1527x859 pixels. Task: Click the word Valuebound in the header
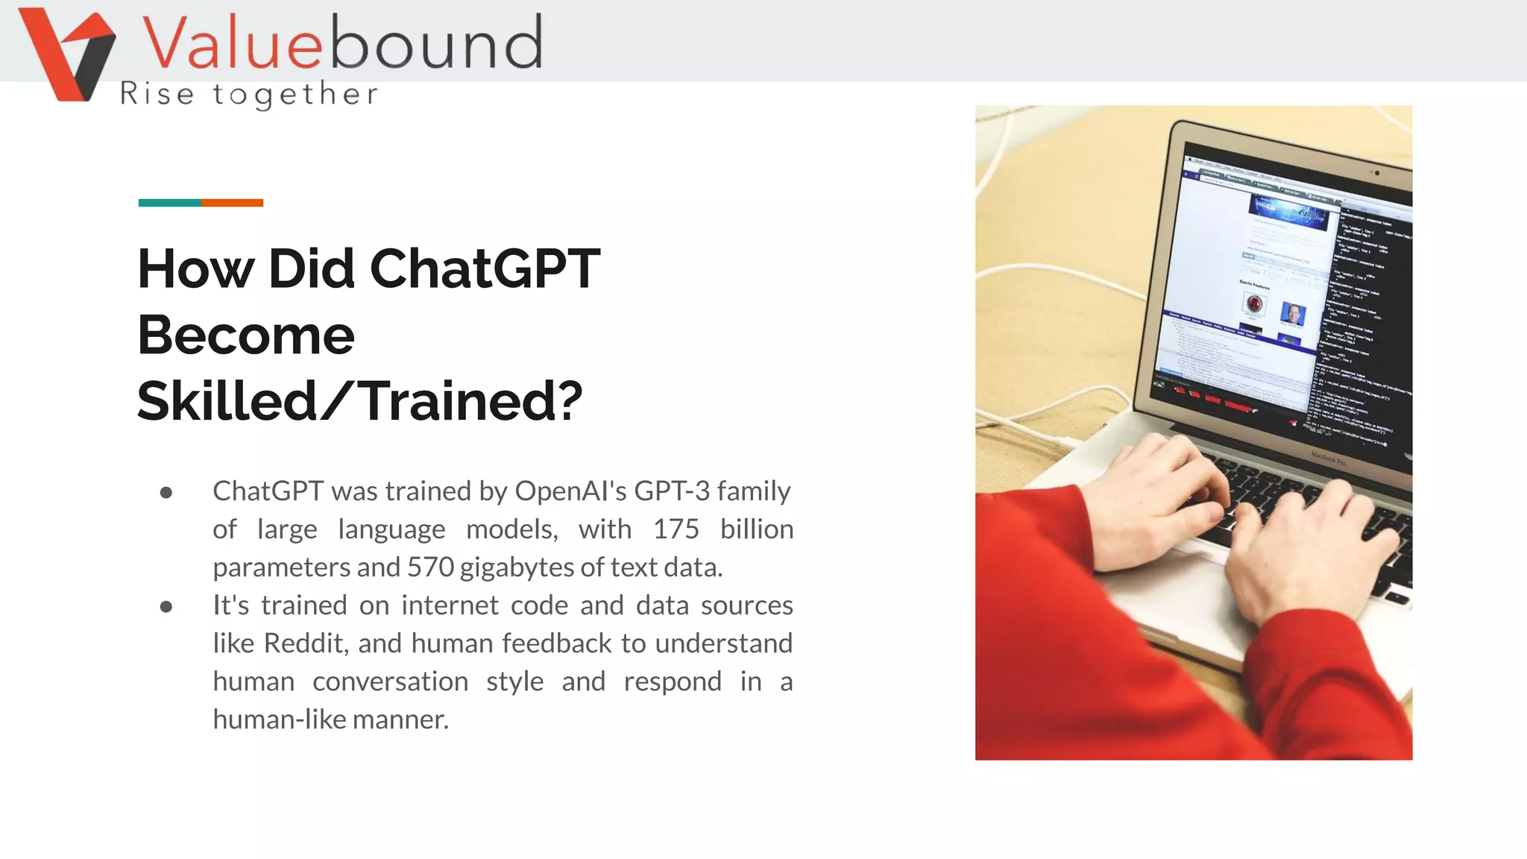tap(342, 43)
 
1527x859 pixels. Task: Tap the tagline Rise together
tap(249, 95)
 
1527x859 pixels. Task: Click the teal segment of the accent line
tap(169, 203)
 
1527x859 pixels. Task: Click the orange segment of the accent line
tap(232, 203)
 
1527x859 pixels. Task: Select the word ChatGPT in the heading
tap(485, 268)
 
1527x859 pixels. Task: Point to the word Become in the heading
tap(246, 335)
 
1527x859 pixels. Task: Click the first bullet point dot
tap(166, 493)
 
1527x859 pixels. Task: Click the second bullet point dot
tap(166, 607)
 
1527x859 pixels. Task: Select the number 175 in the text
tap(676, 529)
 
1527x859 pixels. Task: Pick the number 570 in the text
tap(430, 567)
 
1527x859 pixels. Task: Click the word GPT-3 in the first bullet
tap(672, 491)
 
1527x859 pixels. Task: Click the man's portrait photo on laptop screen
tap(1292, 313)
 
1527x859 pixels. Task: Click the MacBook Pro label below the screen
tap(1329, 458)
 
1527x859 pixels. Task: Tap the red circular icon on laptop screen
tap(1254, 303)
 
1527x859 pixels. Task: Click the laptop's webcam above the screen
tap(1376, 173)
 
